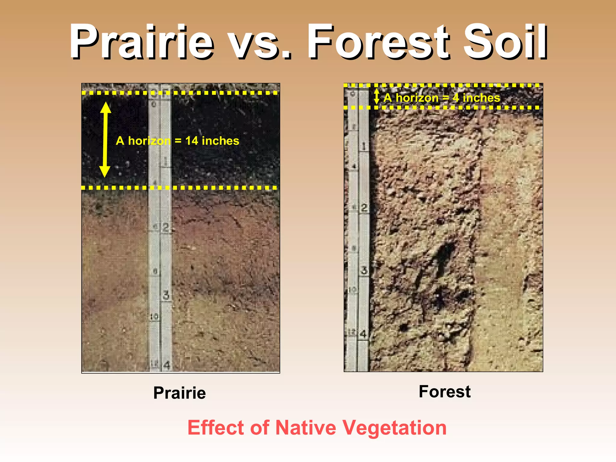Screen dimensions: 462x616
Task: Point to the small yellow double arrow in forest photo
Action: [377, 96]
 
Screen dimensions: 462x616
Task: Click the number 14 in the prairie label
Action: [192, 141]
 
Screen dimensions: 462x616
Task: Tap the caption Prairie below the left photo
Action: [180, 393]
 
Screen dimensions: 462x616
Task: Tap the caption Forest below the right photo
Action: [445, 391]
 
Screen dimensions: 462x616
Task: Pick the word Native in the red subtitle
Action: [306, 427]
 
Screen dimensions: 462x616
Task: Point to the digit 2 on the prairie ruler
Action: [166, 227]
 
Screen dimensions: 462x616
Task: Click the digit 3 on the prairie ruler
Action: [166, 295]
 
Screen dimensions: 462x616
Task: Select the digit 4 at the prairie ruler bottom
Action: [166, 365]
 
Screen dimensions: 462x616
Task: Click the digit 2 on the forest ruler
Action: [364, 208]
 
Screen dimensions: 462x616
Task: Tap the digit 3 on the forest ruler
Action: [364, 270]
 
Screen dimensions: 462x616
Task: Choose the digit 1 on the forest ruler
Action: [364, 146]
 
